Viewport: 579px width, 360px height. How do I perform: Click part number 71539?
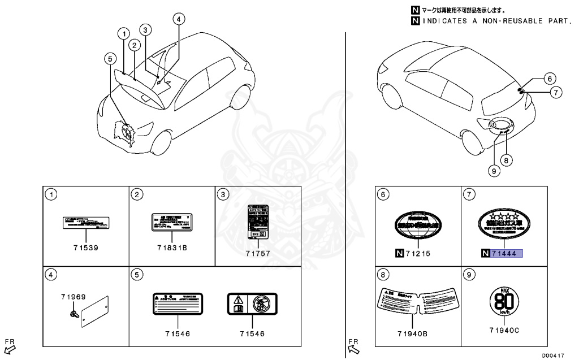pyautogui.click(x=85, y=248)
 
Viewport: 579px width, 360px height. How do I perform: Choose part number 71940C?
pyautogui.click(x=504, y=330)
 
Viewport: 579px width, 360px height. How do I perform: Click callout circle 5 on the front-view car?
pyautogui.click(x=110, y=58)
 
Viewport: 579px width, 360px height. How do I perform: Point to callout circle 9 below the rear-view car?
pyautogui.click(x=494, y=169)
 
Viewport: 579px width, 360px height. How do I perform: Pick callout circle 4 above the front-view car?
pyautogui.click(x=178, y=19)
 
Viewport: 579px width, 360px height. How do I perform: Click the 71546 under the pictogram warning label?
pyautogui.click(x=252, y=333)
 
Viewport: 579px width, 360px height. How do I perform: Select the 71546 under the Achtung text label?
pyautogui.click(x=178, y=333)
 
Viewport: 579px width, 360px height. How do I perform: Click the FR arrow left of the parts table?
pyautogui.click(x=10, y=345)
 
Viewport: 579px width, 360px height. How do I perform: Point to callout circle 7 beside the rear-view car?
pyautogui.click(x=556, y=92)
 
